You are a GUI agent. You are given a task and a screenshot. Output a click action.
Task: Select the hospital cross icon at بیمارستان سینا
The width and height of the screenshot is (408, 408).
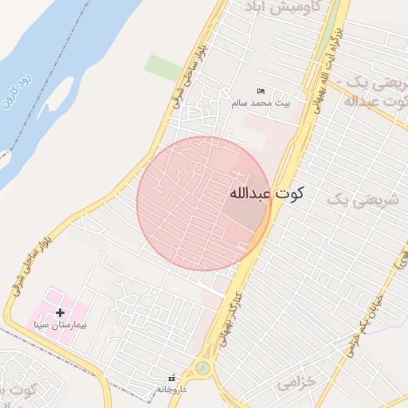click(x=59, y=313)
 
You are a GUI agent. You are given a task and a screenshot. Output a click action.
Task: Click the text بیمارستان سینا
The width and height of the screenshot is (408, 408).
click(x=61, y=325)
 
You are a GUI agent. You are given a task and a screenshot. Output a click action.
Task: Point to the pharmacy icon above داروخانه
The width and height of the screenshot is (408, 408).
click(x=171, y=378)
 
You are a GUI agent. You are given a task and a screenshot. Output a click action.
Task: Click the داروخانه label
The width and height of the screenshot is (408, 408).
click(x=171, y=389)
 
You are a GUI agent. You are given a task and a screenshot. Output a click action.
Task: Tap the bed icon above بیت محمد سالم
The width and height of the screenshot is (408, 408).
click(x=261, y=92)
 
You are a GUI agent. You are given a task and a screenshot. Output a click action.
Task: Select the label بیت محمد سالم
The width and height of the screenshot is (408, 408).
click(x=261, y=103)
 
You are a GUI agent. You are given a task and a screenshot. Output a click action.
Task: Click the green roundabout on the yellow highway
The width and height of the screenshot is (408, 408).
click(x=202, y=368)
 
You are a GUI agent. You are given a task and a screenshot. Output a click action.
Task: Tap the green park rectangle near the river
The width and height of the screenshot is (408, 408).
click(x=163, y=67)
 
